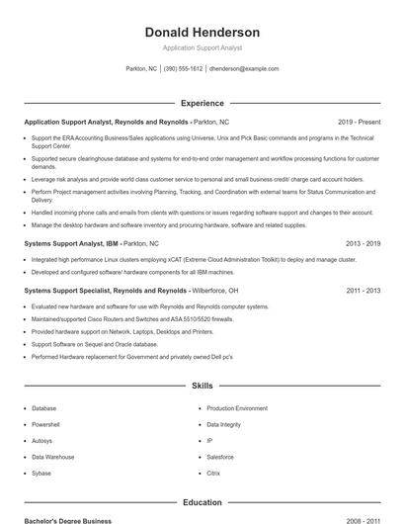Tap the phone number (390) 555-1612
[183, 69]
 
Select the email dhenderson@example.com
[244, 69]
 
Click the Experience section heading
[202, 103]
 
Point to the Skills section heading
[202, 386]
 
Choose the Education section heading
[202, 502]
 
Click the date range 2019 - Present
[359, 122]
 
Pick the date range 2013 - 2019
[363, 242]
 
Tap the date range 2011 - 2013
[363, 292]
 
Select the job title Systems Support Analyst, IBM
[71, 242]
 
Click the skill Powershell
[46, 424]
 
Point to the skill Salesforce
[220, 457]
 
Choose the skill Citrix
[212, 474]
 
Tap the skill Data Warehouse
[52, 457]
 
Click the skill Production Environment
[237, 408]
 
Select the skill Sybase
[42, 474]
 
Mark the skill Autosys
[42, 441]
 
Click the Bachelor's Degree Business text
[67, 520]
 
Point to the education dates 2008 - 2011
[363, 520]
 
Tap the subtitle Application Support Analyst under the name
[202, 47]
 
